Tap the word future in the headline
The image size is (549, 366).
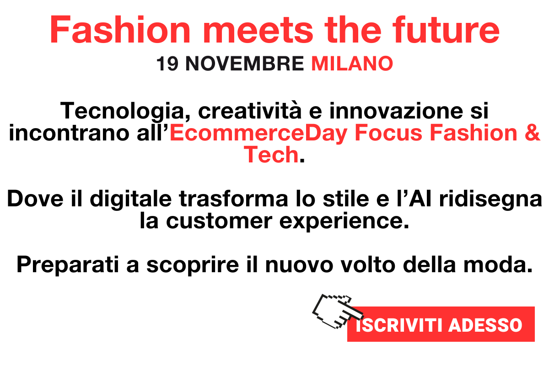pos(446,29)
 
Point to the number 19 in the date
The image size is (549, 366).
pos(167,64)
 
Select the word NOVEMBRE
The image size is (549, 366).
pos(245,64)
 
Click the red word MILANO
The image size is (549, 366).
pos(352,64)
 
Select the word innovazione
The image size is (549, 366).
pos(396,111)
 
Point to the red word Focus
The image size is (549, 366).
pos(388,133)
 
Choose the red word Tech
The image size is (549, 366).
pos(271,155)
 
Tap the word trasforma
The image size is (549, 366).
pos(233,199)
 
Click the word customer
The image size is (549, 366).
pos(219,221)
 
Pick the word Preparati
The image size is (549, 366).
pos(68,265)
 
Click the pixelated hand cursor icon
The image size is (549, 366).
pos(338,311)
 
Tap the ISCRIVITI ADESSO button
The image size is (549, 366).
pos(441,324)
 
